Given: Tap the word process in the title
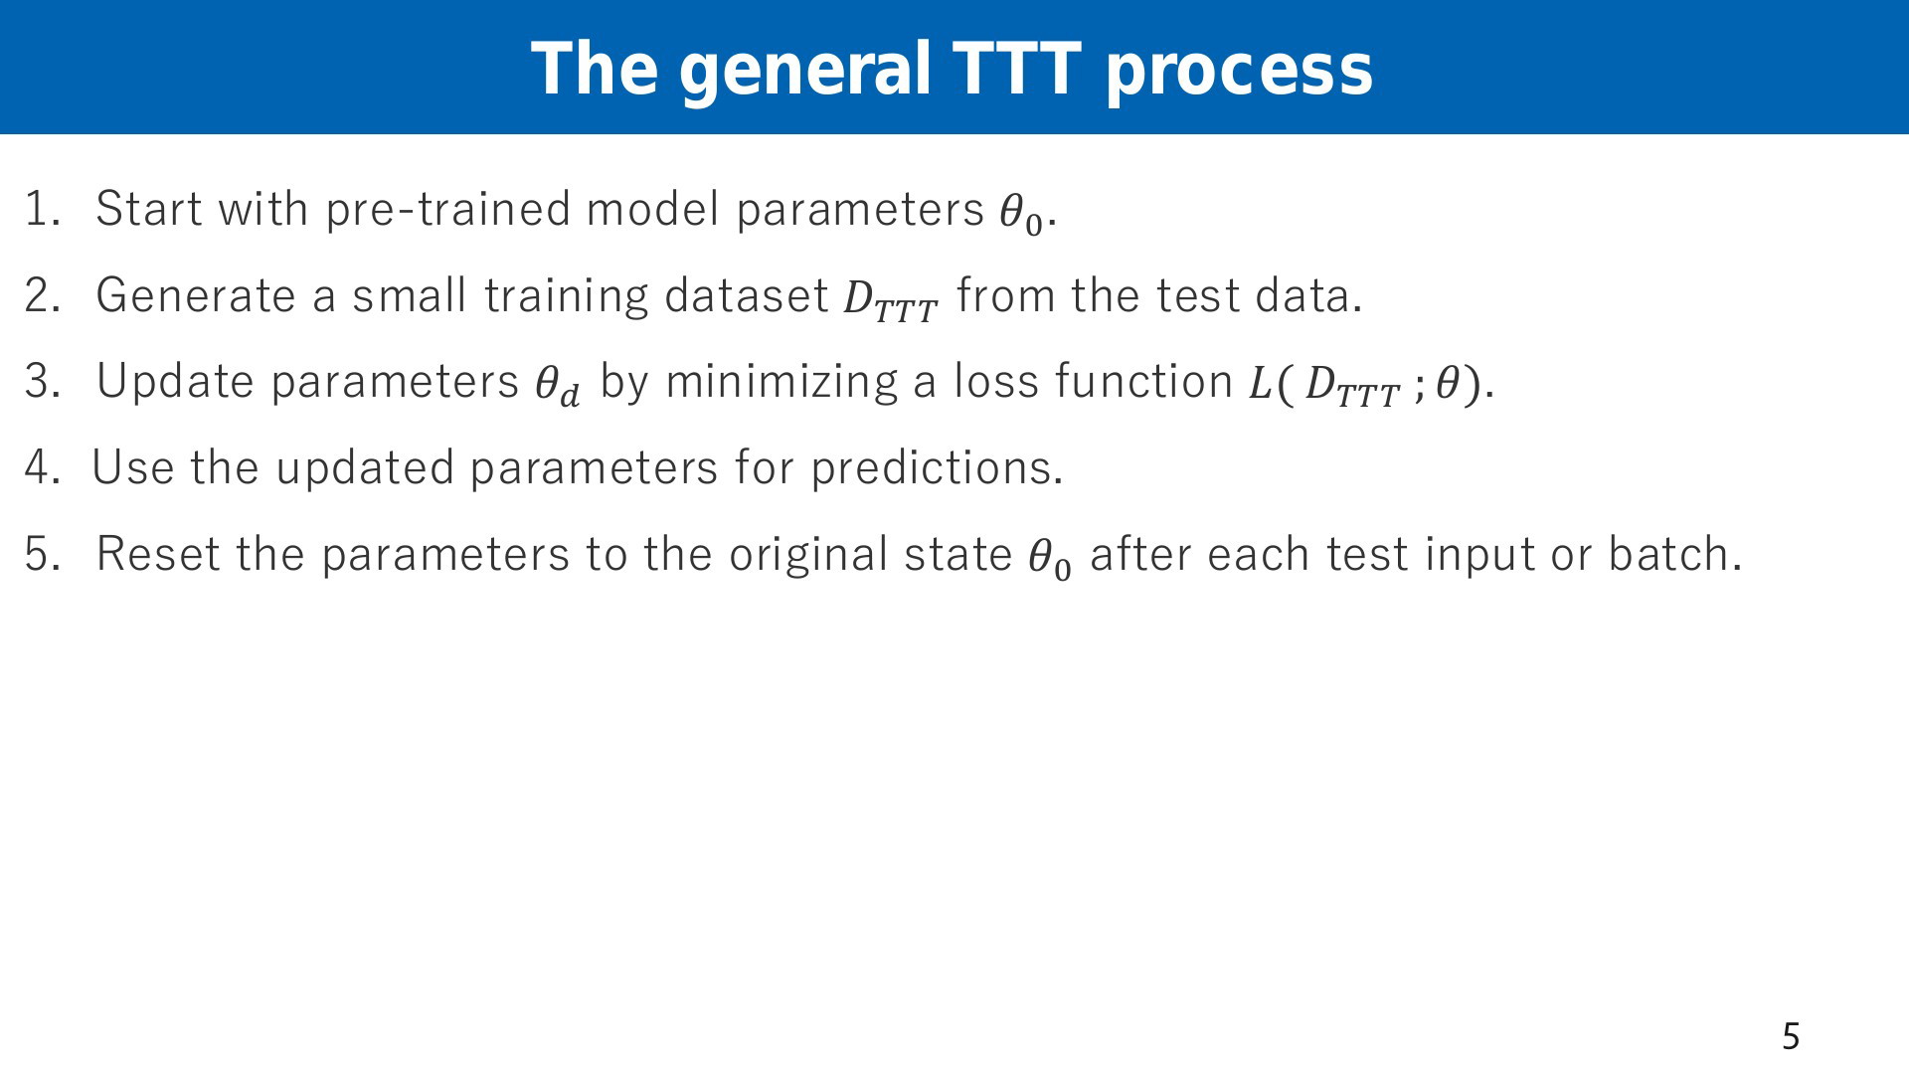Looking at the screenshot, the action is (1239, 74).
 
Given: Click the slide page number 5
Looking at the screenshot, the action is (1791, 1037).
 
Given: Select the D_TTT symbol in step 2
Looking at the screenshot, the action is (891, 300).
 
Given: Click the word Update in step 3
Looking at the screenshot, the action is (175, 382).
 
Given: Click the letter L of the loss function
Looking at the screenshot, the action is (1261, 384).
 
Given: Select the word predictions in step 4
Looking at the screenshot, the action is (937, 468).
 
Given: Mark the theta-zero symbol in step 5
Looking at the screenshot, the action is (1050, 559).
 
